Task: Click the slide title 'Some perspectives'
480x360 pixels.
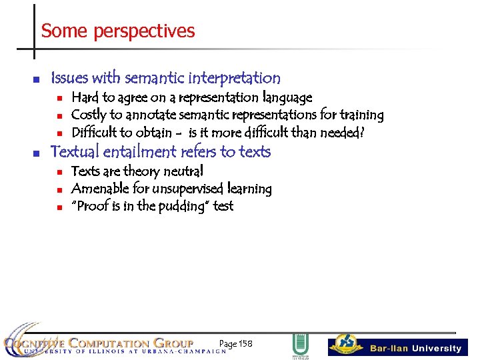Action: coord(117,31)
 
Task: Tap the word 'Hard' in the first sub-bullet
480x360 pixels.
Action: coord(84,98)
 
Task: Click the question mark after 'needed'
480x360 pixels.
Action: coord(361,132)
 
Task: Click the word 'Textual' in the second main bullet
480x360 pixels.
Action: coord(75,152)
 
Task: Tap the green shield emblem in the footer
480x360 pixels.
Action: coord(300,345)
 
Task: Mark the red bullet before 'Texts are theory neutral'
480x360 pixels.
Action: coord(59,172)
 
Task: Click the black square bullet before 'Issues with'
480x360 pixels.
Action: coord(37,79)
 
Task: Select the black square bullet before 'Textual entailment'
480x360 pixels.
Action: coord(37,153)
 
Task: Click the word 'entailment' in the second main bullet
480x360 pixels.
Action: coord(141,152)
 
